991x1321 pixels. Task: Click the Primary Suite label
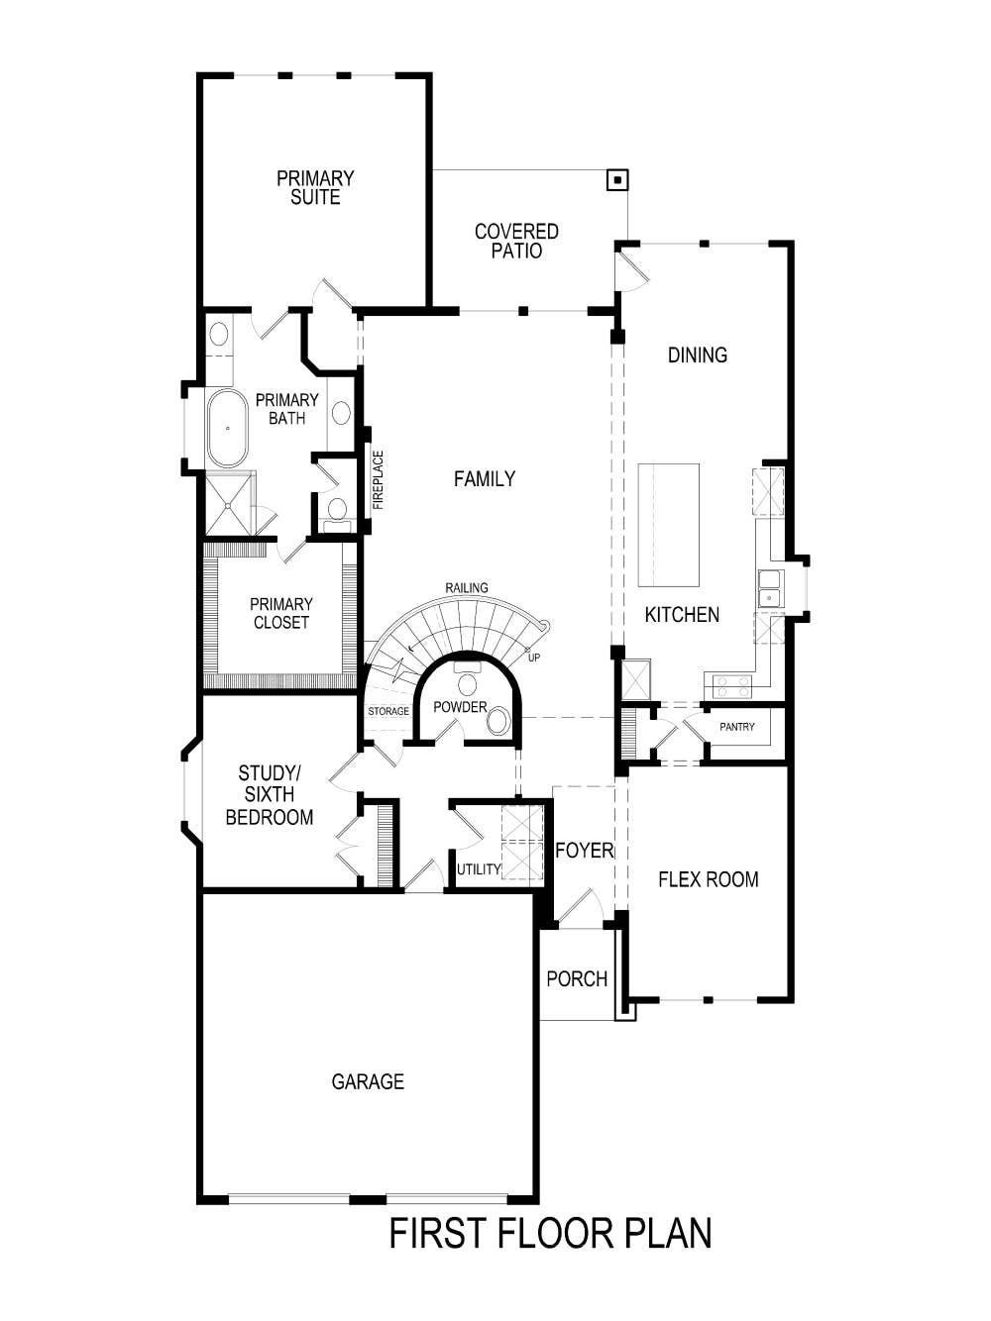[315, 187]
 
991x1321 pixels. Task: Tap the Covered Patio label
[516, 241]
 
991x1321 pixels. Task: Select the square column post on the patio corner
[617, 180]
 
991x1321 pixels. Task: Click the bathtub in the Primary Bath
[228, 428]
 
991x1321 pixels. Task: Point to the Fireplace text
[378, 480]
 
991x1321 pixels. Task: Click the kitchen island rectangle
[668, 525]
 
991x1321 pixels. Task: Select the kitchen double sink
[770, 588]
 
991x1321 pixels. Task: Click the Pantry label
[737, 727]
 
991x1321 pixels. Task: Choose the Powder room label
[460, 707]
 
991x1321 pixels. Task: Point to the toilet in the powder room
[498, 720]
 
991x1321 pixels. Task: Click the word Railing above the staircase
[466, 587]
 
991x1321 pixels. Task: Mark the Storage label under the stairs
[388, 711]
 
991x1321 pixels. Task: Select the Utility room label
[479, 869]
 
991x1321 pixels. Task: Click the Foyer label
[584, 850]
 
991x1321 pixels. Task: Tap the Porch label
[577, 978]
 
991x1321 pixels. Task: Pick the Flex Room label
[708, 879]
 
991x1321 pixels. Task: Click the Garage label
[368, 1081]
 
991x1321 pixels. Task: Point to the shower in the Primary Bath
[229, 504]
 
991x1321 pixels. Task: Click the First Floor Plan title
[550, 1234]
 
